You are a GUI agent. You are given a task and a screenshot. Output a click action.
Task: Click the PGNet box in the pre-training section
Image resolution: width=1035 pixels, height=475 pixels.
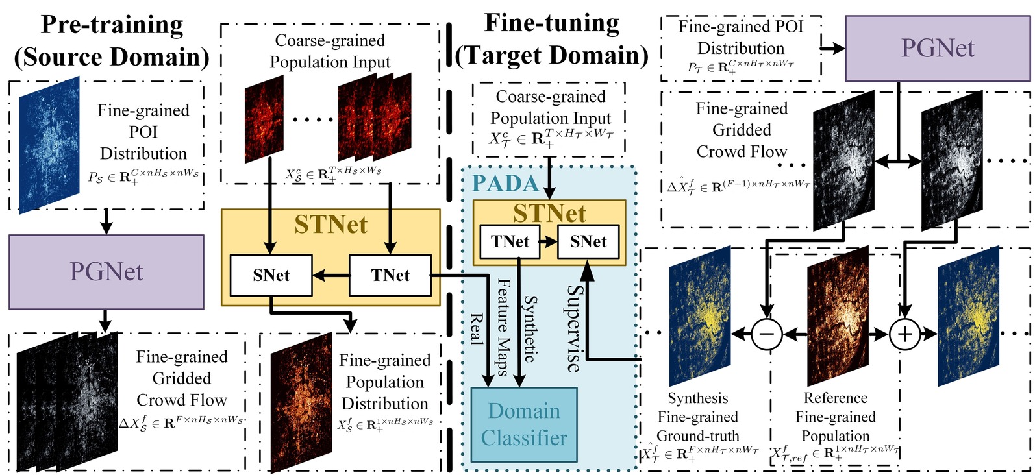click(x=106, y=271)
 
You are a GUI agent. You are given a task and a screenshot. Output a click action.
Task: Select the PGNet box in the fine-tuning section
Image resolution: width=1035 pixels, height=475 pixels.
click(x=937, y=48)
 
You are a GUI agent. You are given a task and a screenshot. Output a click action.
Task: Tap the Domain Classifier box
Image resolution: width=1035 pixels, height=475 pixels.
click(x=523, y=424)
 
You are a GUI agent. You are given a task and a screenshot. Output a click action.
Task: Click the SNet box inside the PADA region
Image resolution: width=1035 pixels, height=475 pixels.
click(x=588, y=241)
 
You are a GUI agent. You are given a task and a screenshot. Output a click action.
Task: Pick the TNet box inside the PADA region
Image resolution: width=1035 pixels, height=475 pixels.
click(x=510, y=241)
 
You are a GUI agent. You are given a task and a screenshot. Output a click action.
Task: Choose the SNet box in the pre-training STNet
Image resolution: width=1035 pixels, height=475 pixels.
click(x=271, y=275)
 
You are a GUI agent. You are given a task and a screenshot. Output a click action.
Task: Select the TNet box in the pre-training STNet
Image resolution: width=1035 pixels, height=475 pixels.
click(x=390, y=275)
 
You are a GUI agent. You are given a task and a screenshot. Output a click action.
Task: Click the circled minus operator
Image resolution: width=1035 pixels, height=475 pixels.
click(x=766, y=334)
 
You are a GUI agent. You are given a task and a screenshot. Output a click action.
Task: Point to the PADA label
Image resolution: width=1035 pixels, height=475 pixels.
click(x=506, y=184)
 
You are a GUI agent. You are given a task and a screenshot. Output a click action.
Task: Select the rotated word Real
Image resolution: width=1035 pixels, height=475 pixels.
click(x=477, y=328)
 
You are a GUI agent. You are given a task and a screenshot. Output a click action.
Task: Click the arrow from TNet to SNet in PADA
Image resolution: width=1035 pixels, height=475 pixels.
click(x=548, y=242)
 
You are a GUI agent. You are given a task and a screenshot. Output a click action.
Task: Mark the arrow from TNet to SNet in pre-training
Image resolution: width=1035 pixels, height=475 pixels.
click(x=331, y=276)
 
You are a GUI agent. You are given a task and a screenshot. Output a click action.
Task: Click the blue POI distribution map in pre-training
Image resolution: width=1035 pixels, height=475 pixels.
click(x=49, y=145)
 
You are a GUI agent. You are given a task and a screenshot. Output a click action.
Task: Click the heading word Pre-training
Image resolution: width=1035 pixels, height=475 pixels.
click(x=112, y=25)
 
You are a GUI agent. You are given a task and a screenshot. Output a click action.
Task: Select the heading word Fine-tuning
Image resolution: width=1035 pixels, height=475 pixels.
click(x=551, y=23)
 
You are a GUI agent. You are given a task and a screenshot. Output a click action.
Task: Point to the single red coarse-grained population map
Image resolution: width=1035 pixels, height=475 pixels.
click(x=264, y=119)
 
